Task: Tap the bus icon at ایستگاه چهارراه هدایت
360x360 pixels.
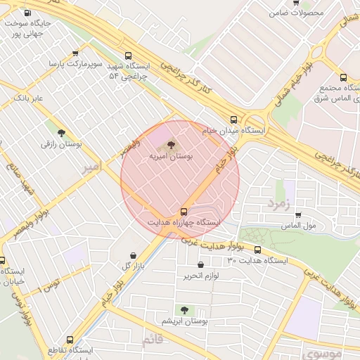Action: pyautogui.click(x=184, y=211)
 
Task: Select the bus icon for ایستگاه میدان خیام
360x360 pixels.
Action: pyautogui.click(x=234, y=120)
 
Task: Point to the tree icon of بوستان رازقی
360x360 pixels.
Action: pyautogui.click(x=61, y=132)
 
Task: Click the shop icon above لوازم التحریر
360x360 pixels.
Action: pyautogui.click(x=202, y=265)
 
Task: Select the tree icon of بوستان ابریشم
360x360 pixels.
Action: pyautogui.click(x=184, y=310)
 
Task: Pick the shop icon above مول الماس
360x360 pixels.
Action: pyautogui.click(x=298, y=215)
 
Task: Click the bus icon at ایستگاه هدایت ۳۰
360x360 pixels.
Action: pyautogui.click(x=257, y=250)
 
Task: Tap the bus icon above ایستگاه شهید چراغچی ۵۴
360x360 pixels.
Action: pyautogui.click(x=127, y=56)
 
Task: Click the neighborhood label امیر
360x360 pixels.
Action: pyautogui.click(x=92, y=167)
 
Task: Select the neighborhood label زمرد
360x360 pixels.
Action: pyautogui.click(x=278, y=202)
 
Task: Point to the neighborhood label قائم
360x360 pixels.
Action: pyautogui.click(x=150, y=340)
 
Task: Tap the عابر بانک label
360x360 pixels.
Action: pyautogui.click(x=28, y=98)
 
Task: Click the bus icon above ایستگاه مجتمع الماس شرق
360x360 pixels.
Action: pyautogui.click(x=343, y=77)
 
